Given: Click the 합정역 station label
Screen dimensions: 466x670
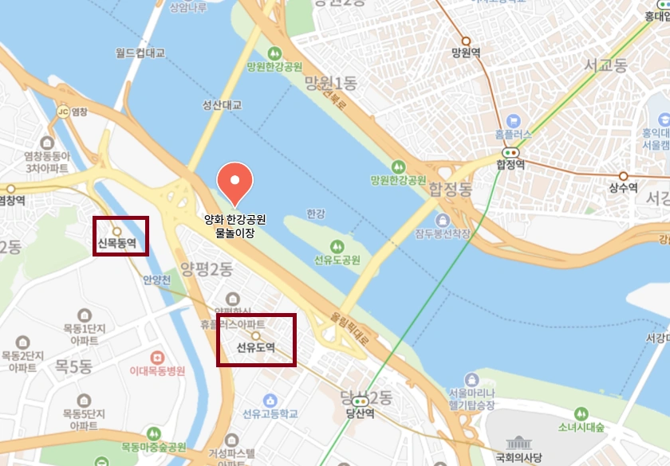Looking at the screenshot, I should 510,165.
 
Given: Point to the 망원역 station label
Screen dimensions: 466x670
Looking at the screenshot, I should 466,53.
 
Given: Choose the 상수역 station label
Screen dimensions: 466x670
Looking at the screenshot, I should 623,188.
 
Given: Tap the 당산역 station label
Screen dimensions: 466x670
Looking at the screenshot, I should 361,413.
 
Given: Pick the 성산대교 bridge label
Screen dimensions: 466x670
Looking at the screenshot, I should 222,105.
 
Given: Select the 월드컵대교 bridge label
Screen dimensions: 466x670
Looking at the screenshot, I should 140,53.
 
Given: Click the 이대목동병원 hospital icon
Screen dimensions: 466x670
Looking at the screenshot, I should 157,355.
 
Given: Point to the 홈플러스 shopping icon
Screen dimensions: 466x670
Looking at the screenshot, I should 510,119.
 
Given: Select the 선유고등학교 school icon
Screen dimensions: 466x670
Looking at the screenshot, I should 270,399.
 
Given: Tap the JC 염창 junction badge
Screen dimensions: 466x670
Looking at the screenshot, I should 64,112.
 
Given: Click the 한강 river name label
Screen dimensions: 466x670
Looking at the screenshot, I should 316,213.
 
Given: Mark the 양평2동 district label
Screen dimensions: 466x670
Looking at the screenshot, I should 206,268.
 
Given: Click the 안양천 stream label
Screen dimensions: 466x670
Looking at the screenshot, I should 157,280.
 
